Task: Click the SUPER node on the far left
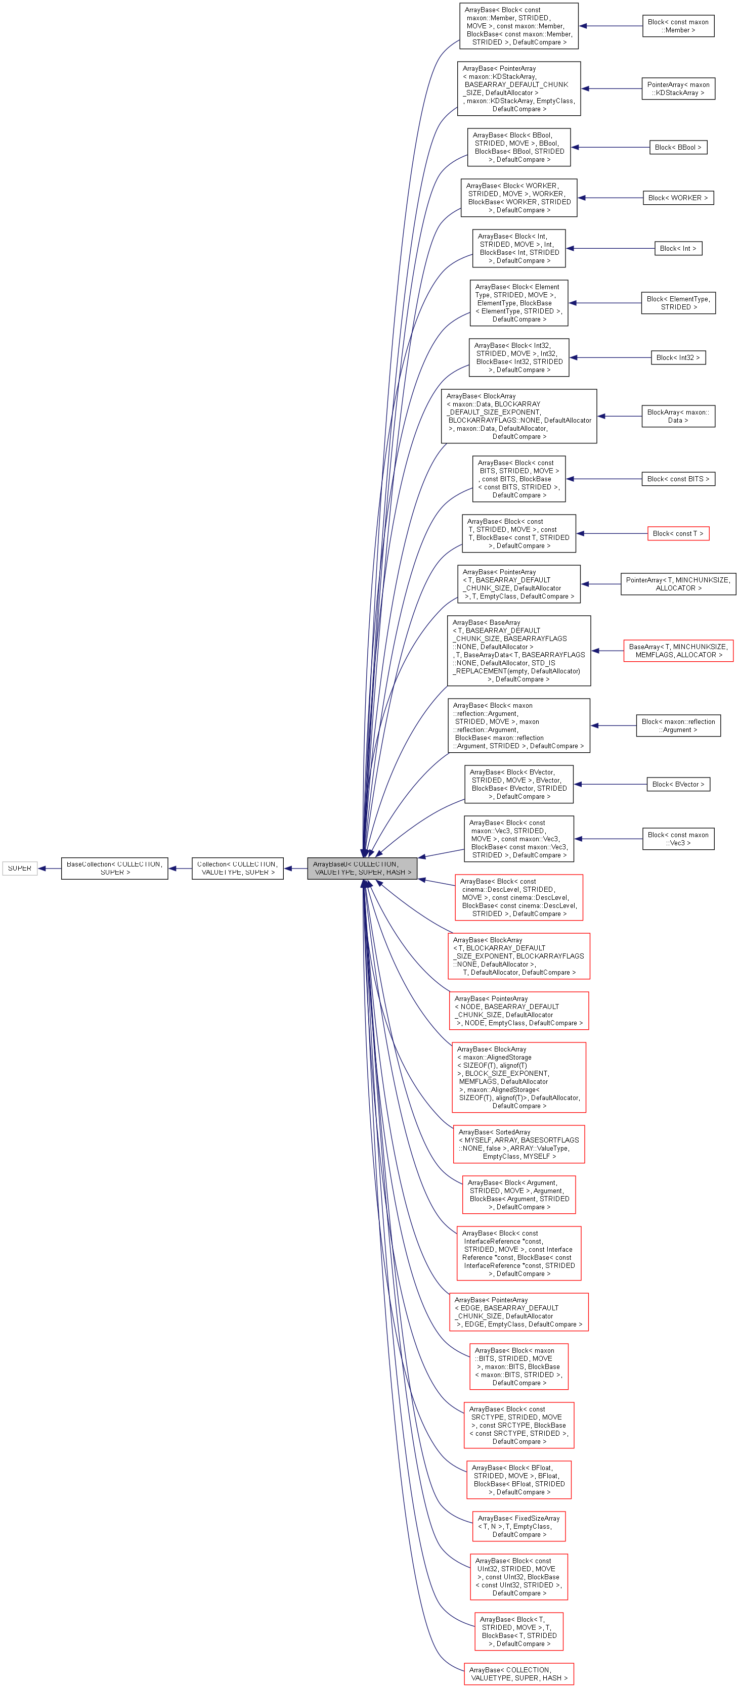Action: (20, 868)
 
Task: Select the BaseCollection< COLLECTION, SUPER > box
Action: (115, 868)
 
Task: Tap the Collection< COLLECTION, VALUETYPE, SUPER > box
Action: (237, 868)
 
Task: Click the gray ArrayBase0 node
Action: (362, 868)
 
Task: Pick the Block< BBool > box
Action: (678, 148)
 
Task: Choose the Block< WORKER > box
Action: (678, 198)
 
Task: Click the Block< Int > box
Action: (678, 248)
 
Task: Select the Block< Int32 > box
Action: (678, 358)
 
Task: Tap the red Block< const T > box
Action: (678, 533)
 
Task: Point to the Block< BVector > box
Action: (678, 785)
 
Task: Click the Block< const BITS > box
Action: (678, 479)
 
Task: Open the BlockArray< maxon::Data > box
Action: (678, 416)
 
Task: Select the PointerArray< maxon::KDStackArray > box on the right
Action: (678, 88)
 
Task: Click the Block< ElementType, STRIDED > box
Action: (678, 303)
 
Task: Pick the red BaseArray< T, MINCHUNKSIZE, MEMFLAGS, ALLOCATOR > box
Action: (678, 651)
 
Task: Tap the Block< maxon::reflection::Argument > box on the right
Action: (678, 725)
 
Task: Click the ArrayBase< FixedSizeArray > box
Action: (518, 1526)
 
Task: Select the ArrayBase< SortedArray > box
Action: (518, 1144)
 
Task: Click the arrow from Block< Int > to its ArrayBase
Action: (610, 248)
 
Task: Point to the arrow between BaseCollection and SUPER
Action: (49, 868)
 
